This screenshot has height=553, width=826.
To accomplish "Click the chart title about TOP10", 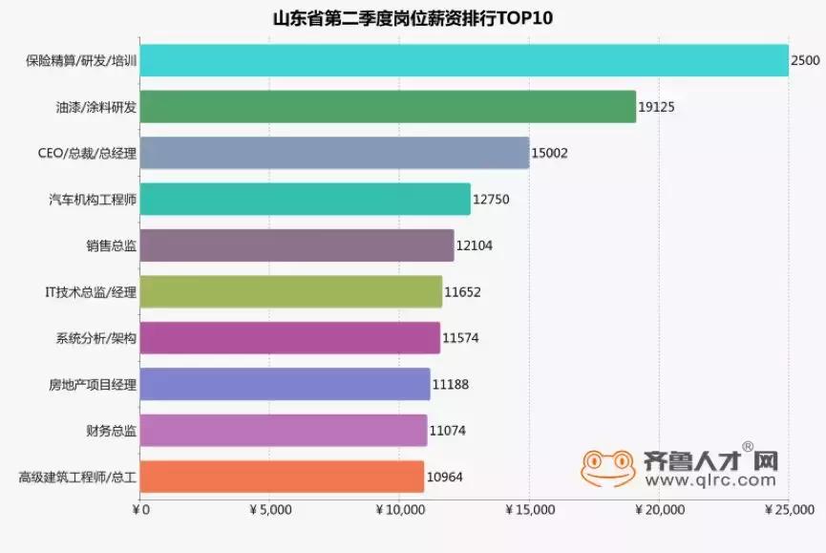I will click(x=413, y=18).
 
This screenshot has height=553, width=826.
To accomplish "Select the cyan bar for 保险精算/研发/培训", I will click(x=463, y=60).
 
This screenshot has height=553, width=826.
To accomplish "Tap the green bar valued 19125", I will click(x=387, y=106).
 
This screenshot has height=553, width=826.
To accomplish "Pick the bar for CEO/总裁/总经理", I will click(x=334, y=153).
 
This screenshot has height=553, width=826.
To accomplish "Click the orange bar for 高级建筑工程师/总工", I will click(x=282, y=477).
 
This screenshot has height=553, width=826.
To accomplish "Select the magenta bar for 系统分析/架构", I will click(x=289, y=338).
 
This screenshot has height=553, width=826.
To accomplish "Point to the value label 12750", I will click(x=492, y=200).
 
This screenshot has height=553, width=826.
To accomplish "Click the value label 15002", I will click(x=551, y=153).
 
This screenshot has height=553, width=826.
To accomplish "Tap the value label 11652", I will click(x=463, y=292).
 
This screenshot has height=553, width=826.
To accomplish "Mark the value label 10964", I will click(x=444, y=477).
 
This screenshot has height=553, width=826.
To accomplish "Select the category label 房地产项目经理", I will click(x=93, y=385).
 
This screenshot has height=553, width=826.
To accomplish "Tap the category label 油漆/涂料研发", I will click(x=96, y=107).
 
